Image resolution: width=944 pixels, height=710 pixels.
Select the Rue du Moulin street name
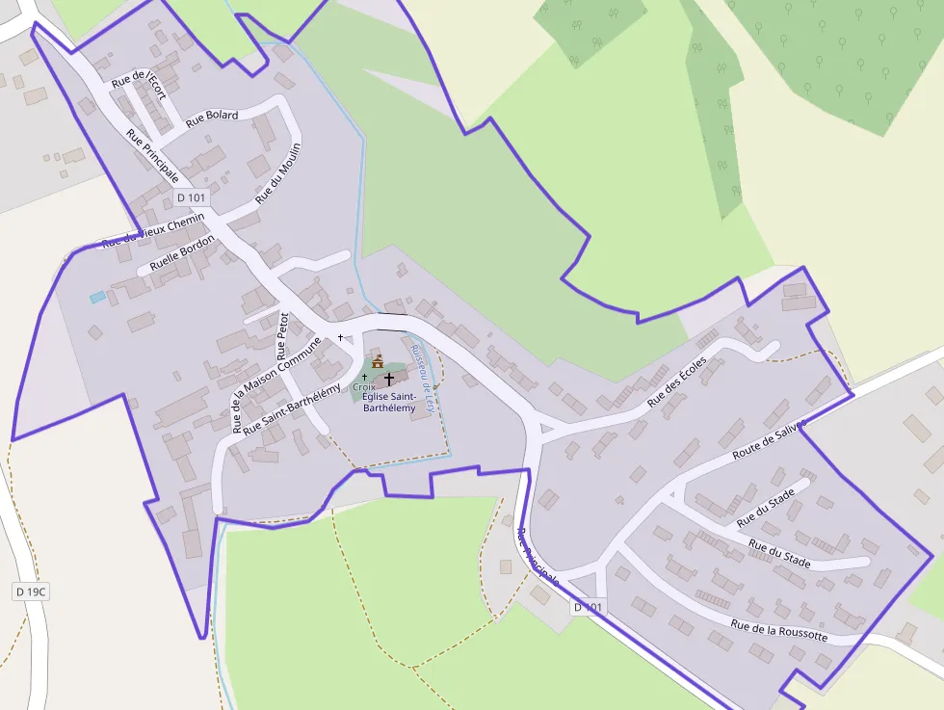[278, 173]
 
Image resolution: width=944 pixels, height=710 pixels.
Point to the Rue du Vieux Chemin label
[153, 231]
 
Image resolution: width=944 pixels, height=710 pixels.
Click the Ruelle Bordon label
[183, 253]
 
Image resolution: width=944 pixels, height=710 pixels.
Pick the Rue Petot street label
[283, 335]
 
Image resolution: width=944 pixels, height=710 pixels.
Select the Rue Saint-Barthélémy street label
[292, 409]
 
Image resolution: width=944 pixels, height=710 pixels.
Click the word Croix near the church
[363, 387]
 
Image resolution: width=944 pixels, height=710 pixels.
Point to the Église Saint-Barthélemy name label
[390, 403]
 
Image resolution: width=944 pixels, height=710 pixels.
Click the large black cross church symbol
[389, 380]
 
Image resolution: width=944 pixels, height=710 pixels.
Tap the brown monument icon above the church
[378, 362]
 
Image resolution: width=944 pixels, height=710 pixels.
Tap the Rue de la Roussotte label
[778, 630]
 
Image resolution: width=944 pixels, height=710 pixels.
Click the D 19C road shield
[32, 591]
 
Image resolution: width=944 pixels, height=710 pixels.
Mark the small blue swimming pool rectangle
[97, 298]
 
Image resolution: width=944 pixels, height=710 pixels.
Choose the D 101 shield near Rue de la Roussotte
[589, 607]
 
